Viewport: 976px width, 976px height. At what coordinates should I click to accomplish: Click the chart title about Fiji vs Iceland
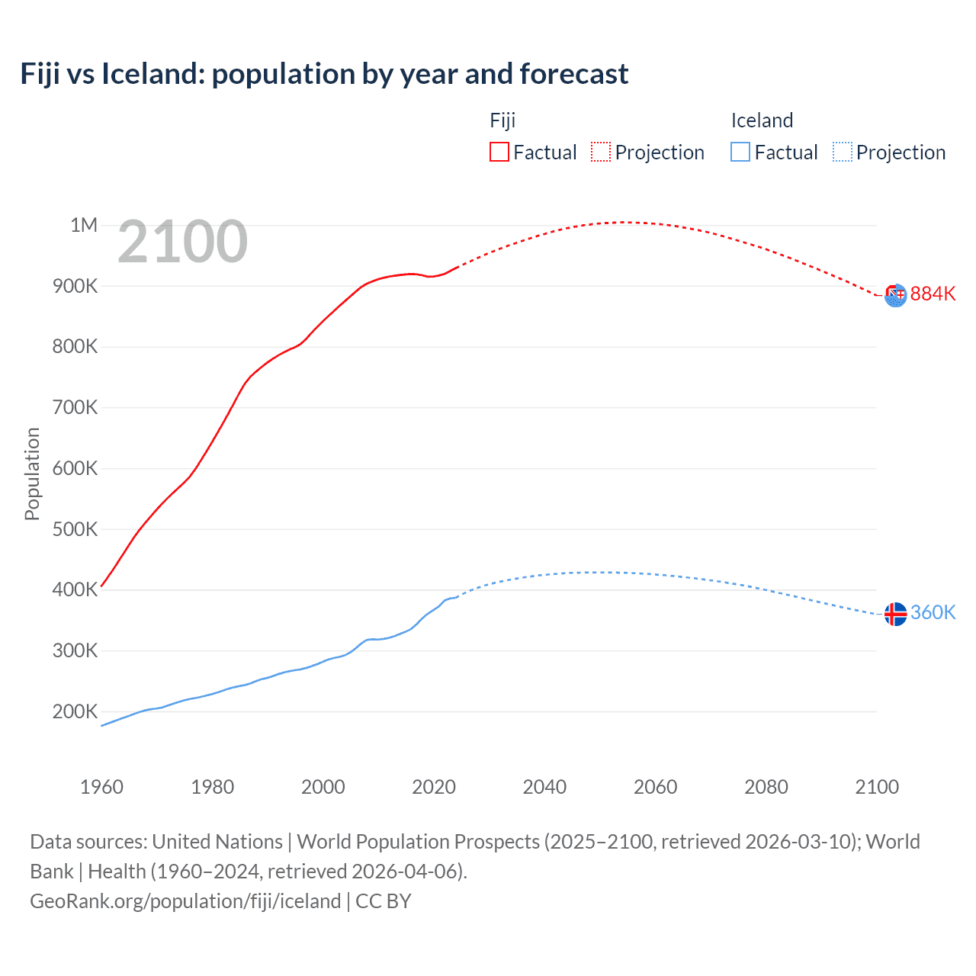(324, 74)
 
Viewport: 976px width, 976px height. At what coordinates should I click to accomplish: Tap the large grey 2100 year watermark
(183, 242)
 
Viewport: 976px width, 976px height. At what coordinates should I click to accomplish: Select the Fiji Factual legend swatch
(499, 152)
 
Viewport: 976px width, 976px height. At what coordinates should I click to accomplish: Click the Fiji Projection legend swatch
(601, 152)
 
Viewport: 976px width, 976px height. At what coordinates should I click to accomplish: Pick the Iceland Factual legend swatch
(740, 152)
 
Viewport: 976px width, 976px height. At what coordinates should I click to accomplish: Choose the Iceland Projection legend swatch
(843, 152)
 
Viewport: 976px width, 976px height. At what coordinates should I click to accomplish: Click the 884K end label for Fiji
(933, 294)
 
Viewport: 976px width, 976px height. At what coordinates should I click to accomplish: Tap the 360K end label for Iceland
(933, 613)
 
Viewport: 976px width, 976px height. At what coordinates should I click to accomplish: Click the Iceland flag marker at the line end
(895, 614)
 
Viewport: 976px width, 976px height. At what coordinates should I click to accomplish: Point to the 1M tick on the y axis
(84, 225)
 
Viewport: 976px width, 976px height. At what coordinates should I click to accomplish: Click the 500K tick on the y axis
(75, 529)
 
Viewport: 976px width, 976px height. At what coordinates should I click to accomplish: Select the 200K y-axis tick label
(75, 711)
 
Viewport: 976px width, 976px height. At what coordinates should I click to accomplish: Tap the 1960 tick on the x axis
(101, 787)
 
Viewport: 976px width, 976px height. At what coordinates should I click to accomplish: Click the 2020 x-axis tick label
(434, 787)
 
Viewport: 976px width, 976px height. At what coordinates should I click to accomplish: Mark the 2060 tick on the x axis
(655, 787)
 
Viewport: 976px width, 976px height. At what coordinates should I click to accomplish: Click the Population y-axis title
(32, 474)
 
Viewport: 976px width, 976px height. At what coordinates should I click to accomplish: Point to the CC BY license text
(384, 901)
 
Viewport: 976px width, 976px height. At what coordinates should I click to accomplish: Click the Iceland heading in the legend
(762, 120)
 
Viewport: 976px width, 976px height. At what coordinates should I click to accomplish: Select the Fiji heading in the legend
(502, 120)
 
